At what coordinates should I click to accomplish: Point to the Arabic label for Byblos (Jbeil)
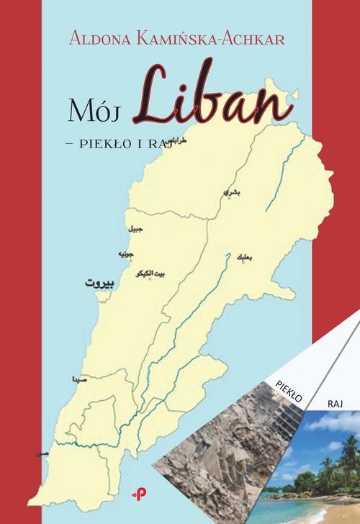coord(135,229)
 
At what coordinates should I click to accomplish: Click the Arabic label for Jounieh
coord(125,253)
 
